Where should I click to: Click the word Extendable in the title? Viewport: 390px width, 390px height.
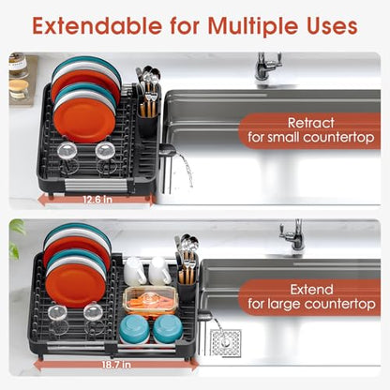(97, 25)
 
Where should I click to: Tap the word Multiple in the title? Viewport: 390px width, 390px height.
(253, 26)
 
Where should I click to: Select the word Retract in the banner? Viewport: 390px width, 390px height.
(311, 123)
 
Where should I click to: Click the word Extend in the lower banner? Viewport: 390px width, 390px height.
(311, 290)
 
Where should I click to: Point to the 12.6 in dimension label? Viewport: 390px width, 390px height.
(97, 200)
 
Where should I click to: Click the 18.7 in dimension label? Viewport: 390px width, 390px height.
(116, 365)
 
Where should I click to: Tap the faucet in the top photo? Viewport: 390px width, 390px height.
(267, 67)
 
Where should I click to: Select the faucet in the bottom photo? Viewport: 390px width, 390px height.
(292, 234)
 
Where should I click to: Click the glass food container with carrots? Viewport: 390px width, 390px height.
(151, 300)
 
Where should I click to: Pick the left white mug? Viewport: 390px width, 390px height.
(135, 271)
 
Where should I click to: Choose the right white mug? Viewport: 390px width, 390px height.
(160, 271)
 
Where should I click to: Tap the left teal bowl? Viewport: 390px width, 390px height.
(135, 329)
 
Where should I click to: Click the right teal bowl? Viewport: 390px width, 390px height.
(168, 329)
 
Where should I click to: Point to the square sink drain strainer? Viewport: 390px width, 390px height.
(225, 343)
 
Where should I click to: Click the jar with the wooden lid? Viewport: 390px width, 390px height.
(19, 90)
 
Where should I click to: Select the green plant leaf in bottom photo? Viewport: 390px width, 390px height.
(16, 239)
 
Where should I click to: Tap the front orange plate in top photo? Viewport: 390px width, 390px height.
(84, 121)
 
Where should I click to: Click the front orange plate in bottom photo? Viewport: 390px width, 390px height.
(76, 286)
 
